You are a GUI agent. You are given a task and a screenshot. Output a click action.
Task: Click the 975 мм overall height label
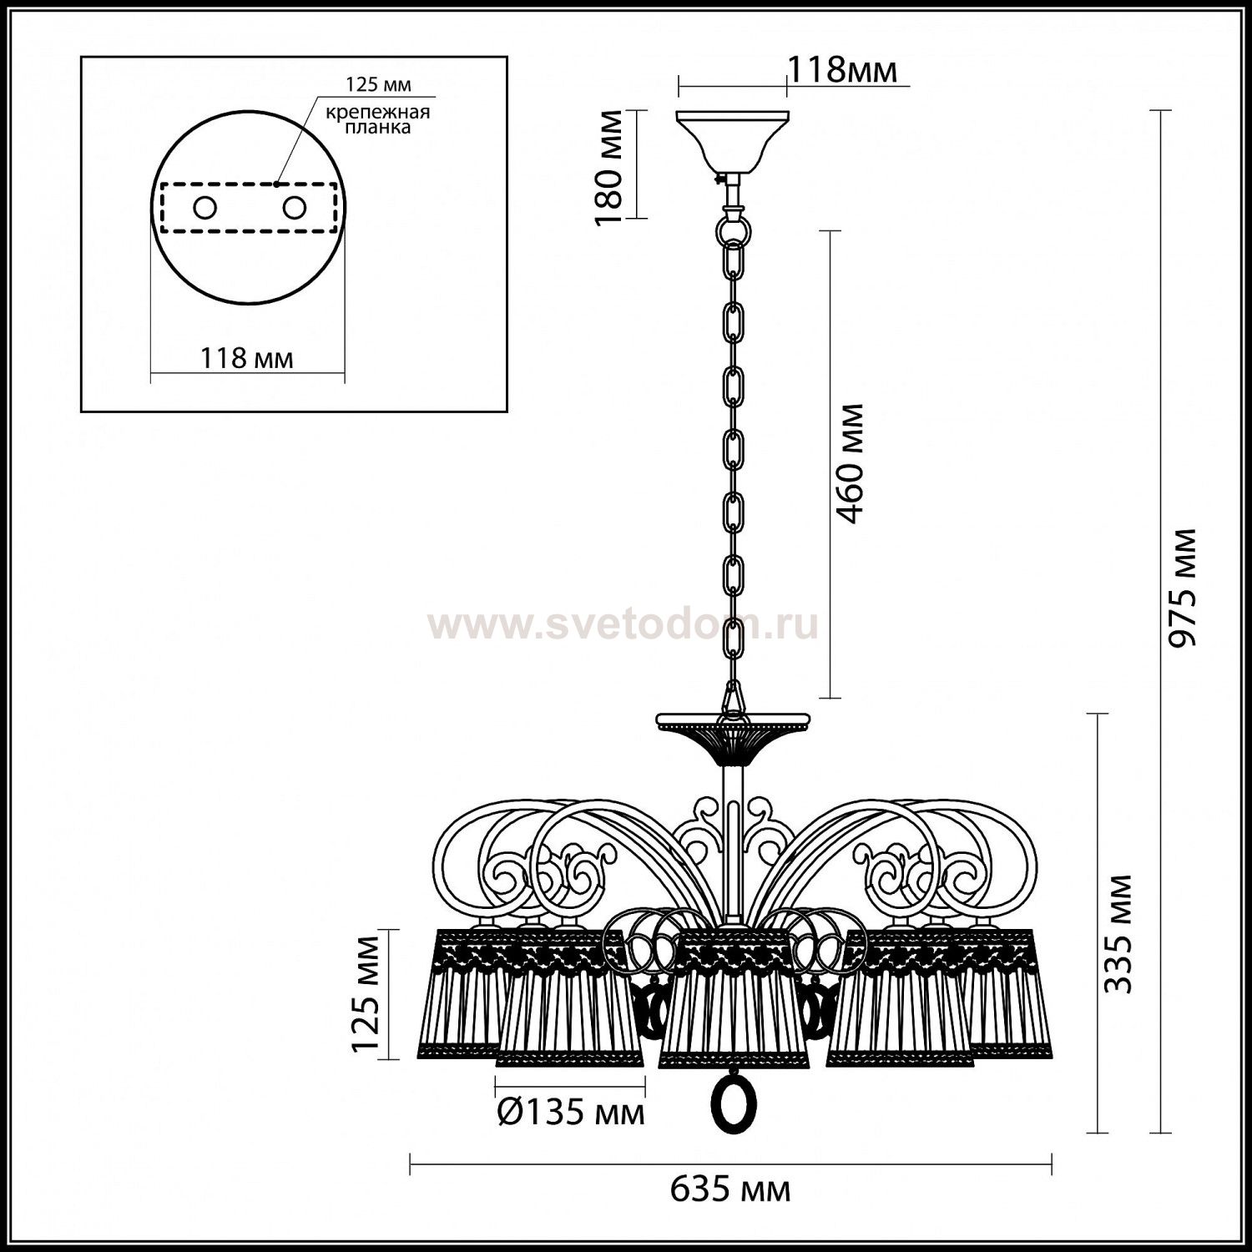click(1182, 588)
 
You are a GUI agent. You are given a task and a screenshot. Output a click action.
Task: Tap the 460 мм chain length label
click(851, 463)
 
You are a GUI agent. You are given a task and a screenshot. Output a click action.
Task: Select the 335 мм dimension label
click(1118, 934)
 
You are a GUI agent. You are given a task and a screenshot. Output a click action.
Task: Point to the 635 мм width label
click(730, 1189)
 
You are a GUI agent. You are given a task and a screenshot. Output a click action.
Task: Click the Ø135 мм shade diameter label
click(571, 1112)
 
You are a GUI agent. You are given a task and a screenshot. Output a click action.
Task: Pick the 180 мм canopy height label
click(611, 167)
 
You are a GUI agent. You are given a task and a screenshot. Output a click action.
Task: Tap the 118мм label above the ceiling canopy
click(843, 70)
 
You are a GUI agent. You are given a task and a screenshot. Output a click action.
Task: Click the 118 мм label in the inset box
click(247, 358)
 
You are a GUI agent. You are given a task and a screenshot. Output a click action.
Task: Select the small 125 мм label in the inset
click(379, 84)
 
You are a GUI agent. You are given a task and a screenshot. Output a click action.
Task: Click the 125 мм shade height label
click(365, 994)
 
